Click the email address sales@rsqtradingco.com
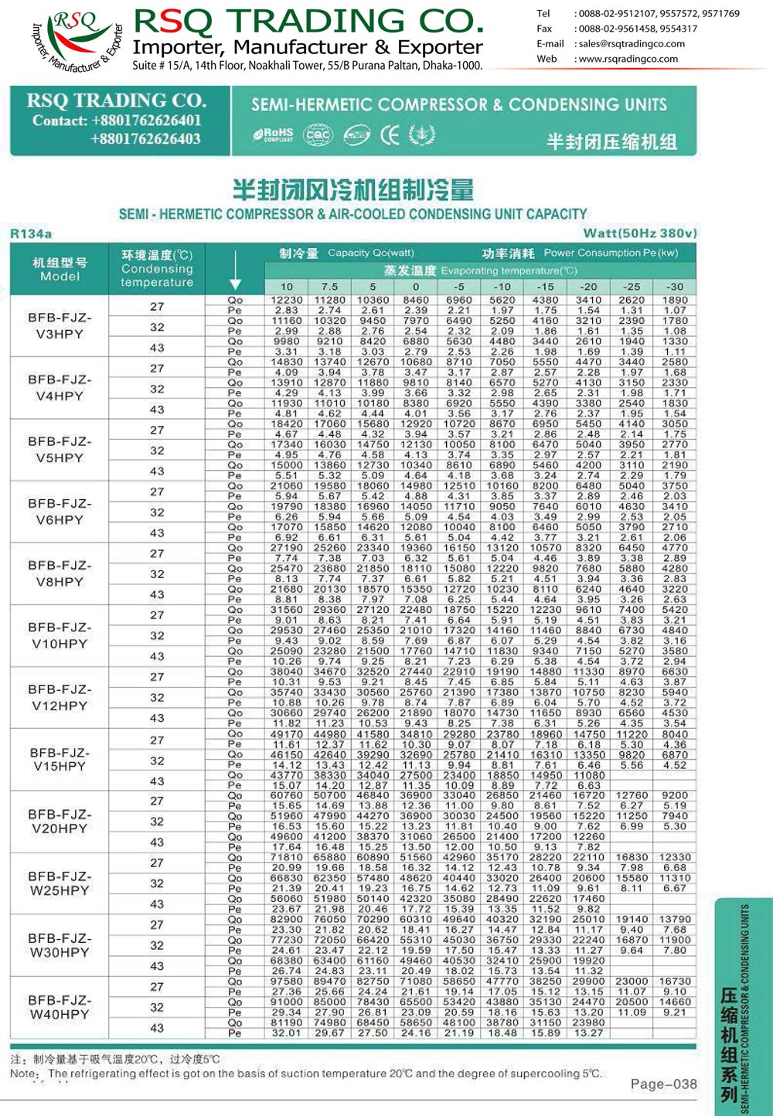(632, 44)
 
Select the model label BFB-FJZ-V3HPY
(60, 325)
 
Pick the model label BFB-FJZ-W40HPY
(60, 1007)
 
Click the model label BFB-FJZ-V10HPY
(60, 635)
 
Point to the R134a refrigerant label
(31, 233)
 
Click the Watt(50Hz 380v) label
(639, 233)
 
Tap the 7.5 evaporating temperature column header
(329, 286)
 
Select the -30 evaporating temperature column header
(674, 286)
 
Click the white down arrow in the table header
(235, 283)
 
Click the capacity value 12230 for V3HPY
(286, 300)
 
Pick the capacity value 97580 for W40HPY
(286, 982)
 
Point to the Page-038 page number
(663, 1084)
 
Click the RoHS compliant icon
(273, 135)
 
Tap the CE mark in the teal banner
(390, 135)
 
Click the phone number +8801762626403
(145, 139)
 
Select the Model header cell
(60, 269)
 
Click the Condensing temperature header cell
(157, 268)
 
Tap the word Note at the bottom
(23, 1073)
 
